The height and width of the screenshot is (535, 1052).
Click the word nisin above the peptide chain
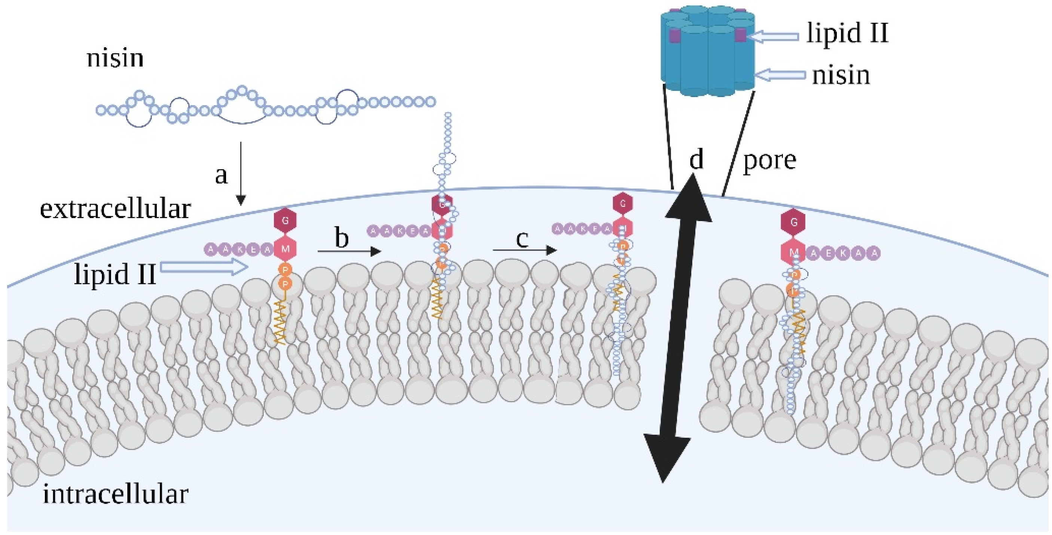[x=115, y=58]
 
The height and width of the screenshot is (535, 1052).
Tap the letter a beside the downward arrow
[x=221, y=175]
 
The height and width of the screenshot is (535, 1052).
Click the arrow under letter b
[x=349, y=251]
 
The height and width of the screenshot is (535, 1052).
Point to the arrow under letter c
[x=525, y=250]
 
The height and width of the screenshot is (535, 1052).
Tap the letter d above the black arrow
[x=696, y=159]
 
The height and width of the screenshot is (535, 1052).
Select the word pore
[x=769, y=160]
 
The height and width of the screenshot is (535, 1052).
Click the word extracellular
[x=115, y=209]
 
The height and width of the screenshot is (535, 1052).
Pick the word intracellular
[x=115, y=494]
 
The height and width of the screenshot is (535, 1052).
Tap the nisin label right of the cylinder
[x=841, y=76]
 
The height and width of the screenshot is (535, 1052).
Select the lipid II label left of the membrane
[x=115, y=274]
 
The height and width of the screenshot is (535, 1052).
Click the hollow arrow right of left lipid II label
[x=204, y=267]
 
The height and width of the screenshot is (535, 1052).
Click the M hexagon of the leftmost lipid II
[x=285, y=249]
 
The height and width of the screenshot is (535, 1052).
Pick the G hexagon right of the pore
[x=793, y=222]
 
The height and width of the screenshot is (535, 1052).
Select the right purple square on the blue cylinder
[x=740, y=36]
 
